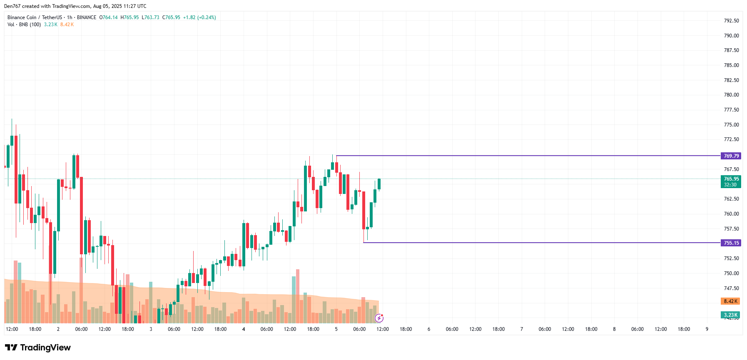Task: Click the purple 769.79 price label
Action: [x=731, y=156]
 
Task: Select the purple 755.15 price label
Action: [x=731, y=243]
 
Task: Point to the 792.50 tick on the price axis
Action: [x=731, y=21]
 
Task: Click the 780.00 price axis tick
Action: [x=731, y=95]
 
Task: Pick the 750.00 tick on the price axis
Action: [x=731, y=273]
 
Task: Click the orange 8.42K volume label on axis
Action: [x=730, y=301]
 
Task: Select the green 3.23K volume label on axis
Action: [x=730, y=315]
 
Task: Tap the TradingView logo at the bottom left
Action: [x=38, y=348]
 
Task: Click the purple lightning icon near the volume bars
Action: [x=379, y=318]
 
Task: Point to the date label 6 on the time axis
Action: [x=429, y=329]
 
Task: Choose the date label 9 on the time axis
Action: [x=707, y=329]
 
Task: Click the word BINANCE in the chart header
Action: [x=87, y=17]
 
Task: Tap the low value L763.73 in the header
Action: [x=150, y=17]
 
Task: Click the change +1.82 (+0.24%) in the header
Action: [x=199, y=17]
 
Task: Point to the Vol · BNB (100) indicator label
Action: [x=24, y=25]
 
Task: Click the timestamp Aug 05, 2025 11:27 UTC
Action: [x=120, y=6]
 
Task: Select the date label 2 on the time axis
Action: [x=58, y=329]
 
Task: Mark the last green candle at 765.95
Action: [x=379, y=184]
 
